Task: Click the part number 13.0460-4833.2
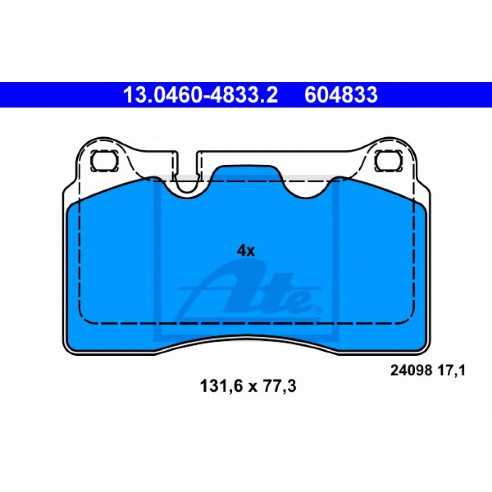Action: (200, 95)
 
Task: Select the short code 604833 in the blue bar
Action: (341, 95)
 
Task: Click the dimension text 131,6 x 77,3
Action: (247, 386)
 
